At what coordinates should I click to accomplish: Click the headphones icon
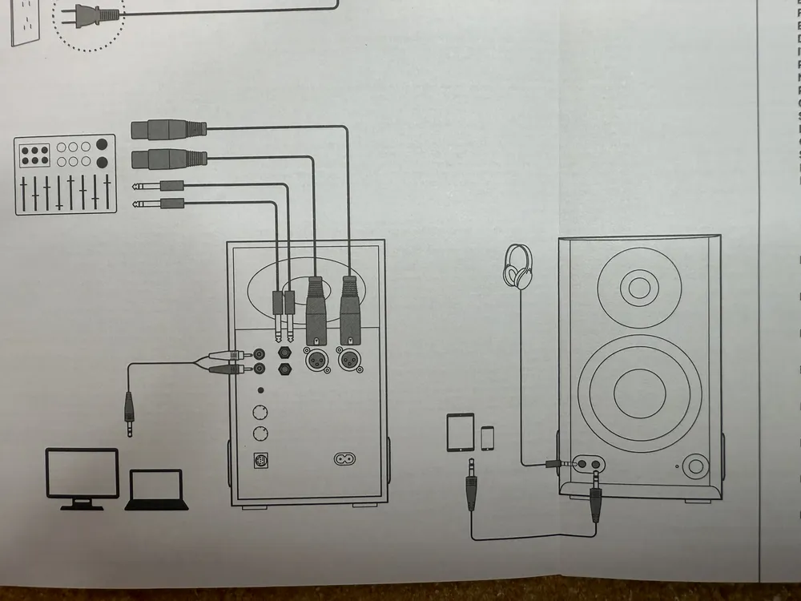pyautogui.click(x=518, y=266)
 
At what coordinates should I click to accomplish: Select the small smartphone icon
pyautogui.click(x=487, y=438)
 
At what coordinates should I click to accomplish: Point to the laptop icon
pyautogui.click(x=156, y=490)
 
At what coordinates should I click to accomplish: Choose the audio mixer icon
pyautogui.click(x=66, y=176)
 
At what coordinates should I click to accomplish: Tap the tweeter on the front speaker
pyautogui.click(x=638, y=286)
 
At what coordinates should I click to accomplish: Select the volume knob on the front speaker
pyautogui.click(x=696, y=465)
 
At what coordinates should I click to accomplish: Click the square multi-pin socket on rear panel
pyautogui.click(x=260, y=462)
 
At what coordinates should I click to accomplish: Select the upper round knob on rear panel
pyautogui.click(x=260, y=413)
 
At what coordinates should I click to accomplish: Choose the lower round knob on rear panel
pyautogui.click(x=260, y=434)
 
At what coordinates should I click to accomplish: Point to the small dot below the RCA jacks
pyautogui.click(x=260, y=391)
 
